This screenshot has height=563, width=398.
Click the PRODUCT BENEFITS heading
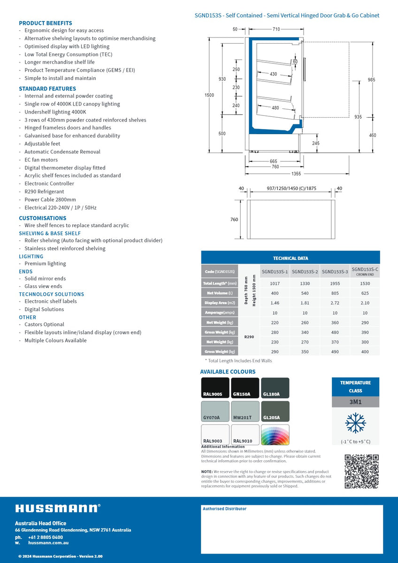pyautogui.click(x=46, y=23)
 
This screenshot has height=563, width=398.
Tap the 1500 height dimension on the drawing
pyautogui.click(x=209, y=95)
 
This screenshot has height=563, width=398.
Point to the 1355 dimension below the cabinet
pyautogui.click(x=296, y=174)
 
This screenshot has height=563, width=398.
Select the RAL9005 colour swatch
pyautogui.click(x=215, y=388)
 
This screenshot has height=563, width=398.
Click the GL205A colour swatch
pyautogui.click(x=275, y=411)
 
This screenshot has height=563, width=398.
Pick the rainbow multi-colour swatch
pyautogui.click(x=275, y=434)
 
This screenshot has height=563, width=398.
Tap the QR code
pyautogui.click(x=361, y=471)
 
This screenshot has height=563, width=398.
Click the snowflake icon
pyautogui.click(x=355, y=423)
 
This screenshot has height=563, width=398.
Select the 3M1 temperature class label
pyautogui.click(x=355, y=402)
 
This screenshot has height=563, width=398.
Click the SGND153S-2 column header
pyautogui.click(x=305, y=271)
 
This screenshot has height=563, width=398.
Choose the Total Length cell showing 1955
pyautogui.click(x=335, y=283)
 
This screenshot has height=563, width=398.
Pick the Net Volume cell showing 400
pyautogui.click(x=275, y=293)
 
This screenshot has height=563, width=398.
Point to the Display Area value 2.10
pyautogui.click(x=365, y=303)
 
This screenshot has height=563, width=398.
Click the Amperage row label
pyautogui.click(x=220, y=312)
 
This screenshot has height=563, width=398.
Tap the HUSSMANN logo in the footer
pyautogui.click(x=58, y=508)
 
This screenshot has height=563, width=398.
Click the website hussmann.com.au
pyautogui.click(x=48, y=543)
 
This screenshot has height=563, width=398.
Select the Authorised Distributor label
pyautogui.click(x=224, y=509)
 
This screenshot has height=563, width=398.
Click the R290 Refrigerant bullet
pyautogui.click(x=44, y=191)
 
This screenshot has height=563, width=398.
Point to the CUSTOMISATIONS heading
pyautogui.click(x=43, y=218)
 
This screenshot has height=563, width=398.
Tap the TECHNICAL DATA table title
pyautogui.click(x=291, y=258)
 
